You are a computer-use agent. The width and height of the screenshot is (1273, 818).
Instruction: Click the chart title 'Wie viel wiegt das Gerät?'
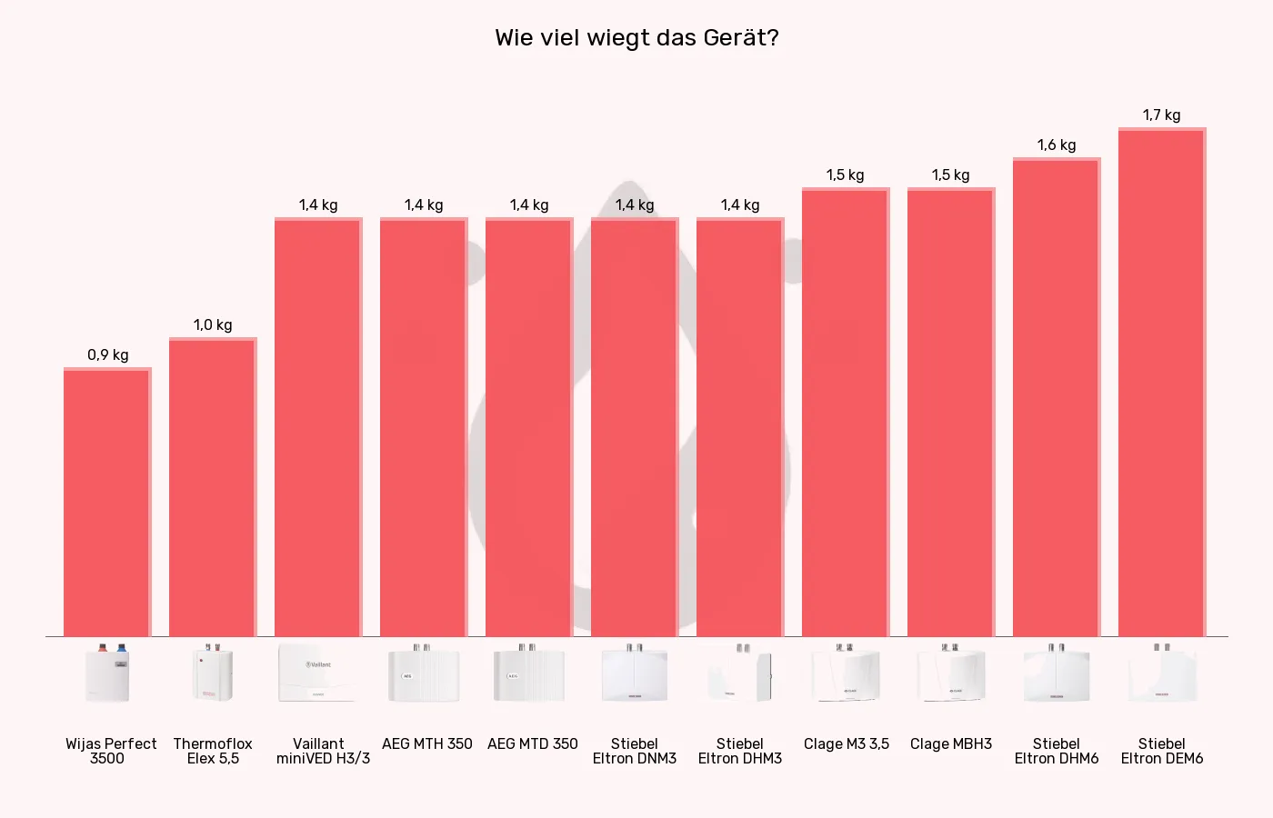click(636, 38)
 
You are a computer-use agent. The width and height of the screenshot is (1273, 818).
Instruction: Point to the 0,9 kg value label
click(107, 355)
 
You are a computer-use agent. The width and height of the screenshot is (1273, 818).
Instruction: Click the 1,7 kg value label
click(1161, 115)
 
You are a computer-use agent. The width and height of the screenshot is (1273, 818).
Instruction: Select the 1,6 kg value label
click(1056, 145)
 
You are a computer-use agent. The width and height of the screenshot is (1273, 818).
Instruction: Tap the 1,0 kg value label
click(213, 325)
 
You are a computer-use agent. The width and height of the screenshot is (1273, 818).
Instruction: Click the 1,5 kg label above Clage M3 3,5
click(845, 175)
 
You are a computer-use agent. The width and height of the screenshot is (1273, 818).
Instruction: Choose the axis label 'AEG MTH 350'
click(426, 743)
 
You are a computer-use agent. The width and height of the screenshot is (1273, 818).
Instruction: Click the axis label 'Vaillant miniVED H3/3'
click(322, 751)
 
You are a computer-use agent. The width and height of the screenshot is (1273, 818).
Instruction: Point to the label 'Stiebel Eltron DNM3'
click(634, 751)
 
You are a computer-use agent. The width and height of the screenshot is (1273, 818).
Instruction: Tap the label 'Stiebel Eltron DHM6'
click(1056, 751)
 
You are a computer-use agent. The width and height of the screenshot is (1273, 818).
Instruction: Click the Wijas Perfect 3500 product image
click(107, 674)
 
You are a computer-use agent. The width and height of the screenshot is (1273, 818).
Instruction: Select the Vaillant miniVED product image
click(317, 673)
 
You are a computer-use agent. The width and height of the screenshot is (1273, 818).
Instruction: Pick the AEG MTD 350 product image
click(528, 674)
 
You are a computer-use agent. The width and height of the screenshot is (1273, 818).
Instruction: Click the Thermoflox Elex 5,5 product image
click(213, 674)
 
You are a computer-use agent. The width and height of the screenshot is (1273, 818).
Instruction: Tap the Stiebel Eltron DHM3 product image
click(739, 674)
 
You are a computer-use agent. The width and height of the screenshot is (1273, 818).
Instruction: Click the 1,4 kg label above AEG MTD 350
click(528, 205)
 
